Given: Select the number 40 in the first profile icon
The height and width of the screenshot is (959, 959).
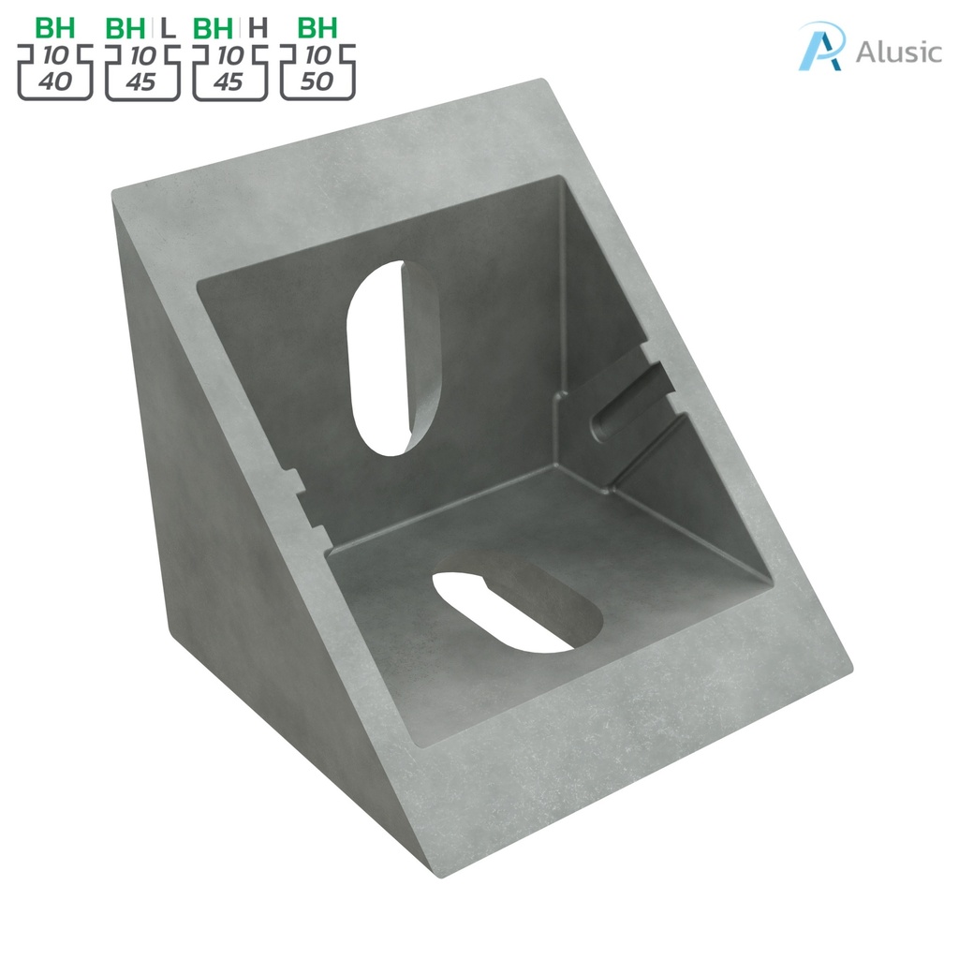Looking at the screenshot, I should click(55, 81).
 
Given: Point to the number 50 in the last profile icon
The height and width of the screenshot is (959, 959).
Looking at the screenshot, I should click(317, 81).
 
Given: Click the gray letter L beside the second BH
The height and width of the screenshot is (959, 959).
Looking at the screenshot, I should click(169, 27).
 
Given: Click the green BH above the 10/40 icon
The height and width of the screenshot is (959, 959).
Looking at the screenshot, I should click(55, 27).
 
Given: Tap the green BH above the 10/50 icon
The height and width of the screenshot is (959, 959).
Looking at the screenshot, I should click(317, 27).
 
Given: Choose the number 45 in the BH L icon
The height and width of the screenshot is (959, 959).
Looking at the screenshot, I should click(141, 81).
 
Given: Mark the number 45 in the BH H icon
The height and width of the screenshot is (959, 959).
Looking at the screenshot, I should click(229, 81).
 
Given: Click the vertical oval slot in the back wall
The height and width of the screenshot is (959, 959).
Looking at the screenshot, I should click(393, 358).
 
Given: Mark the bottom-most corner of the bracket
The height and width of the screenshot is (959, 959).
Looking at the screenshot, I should click(440, 877).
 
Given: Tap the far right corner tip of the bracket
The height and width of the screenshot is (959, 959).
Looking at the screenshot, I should click(849, 667).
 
